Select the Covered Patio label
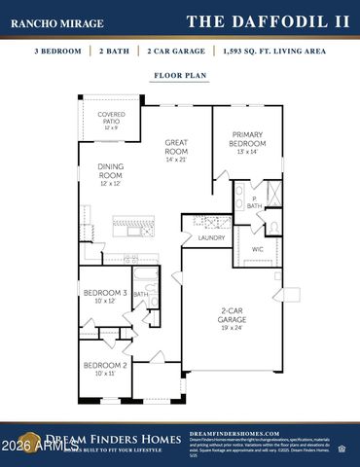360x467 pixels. [111, 118]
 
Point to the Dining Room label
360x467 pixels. [111, 172]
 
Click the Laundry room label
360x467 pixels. [211, 237]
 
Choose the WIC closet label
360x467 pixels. [258, 250]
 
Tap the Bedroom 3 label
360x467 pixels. [103, 293]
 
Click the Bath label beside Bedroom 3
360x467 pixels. [141, 294]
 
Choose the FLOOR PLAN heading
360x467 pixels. [179, 74]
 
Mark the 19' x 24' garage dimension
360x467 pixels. [232, 328]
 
